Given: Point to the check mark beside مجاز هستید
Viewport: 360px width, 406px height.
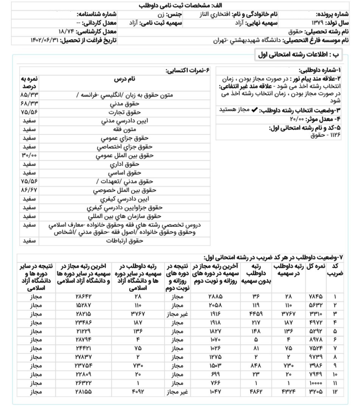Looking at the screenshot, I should point(255,110).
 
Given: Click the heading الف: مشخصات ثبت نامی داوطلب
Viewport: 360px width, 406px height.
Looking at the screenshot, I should point(180,5).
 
